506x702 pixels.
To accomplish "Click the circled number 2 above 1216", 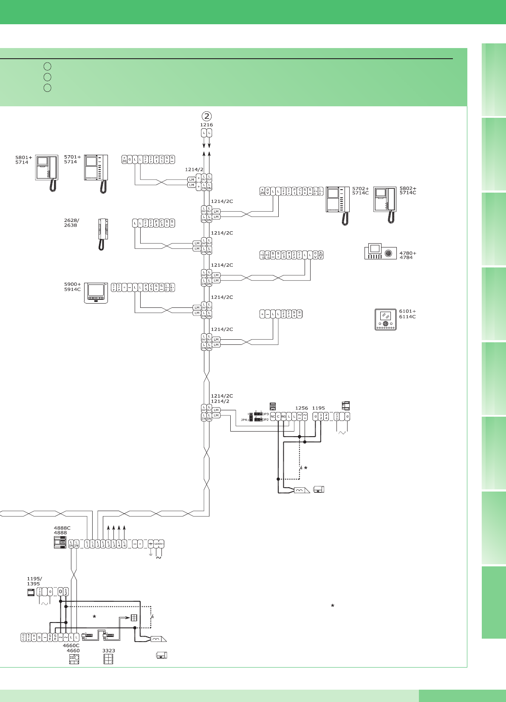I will [206, 116].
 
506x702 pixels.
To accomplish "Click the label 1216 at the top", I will [206, 125].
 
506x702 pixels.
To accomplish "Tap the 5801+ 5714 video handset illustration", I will [47, 173].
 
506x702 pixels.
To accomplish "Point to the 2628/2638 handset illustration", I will [102, 234].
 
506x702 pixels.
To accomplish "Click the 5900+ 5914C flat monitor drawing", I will [96, 293].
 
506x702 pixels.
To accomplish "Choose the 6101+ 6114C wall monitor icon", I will [385, 319].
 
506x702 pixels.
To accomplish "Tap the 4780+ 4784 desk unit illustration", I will [380, 251].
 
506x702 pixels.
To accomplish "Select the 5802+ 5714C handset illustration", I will [385, 205].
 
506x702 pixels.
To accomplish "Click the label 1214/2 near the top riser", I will [194, 170].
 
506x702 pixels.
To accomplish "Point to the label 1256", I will [302, 408].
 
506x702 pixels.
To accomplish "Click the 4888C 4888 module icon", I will [60, 543].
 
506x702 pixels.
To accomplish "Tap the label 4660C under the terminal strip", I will [71, 645].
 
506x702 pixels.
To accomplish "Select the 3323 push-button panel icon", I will [108, 659].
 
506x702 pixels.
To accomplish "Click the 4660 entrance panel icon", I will [74, 659].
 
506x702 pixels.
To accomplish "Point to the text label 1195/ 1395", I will [34, 581].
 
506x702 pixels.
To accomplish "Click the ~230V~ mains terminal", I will [158, 544].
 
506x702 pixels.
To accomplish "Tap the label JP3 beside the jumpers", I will [266, 414].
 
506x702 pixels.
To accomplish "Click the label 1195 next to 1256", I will [319, 408].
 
